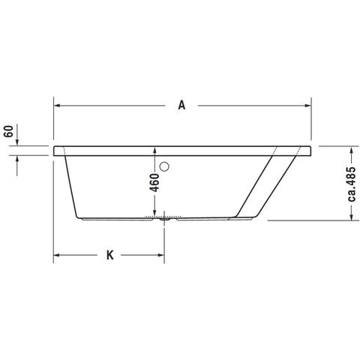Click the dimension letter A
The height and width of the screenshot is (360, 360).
pos(181,105)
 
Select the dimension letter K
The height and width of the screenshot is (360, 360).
pos(110,255)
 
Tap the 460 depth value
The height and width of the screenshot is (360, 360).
pos(154,182)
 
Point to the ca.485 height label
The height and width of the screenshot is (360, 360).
pos(351,184)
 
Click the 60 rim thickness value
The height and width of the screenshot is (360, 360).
pos(9,131)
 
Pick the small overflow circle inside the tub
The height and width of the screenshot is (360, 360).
pos(164,166)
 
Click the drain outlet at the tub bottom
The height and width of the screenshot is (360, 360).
pos(164,219)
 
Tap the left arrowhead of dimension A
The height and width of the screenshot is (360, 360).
pos(57,106)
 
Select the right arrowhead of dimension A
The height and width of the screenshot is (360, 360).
pos(308,106)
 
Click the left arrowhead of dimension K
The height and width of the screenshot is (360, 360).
pos(57,255)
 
